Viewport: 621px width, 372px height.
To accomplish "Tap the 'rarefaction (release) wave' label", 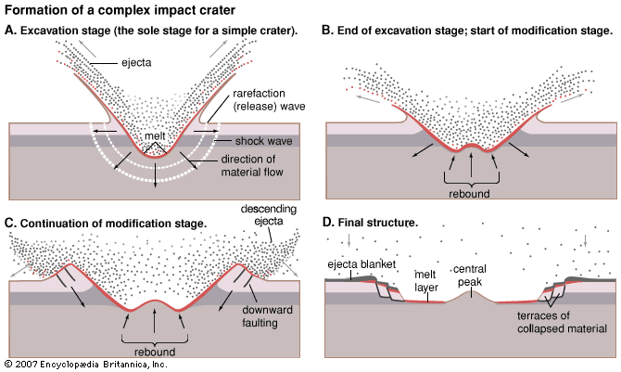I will [x=260, y=99].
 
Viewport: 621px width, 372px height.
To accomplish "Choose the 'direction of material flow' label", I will [x=257, y=165].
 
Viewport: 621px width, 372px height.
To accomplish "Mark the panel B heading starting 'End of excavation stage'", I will [x=466, y=31].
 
